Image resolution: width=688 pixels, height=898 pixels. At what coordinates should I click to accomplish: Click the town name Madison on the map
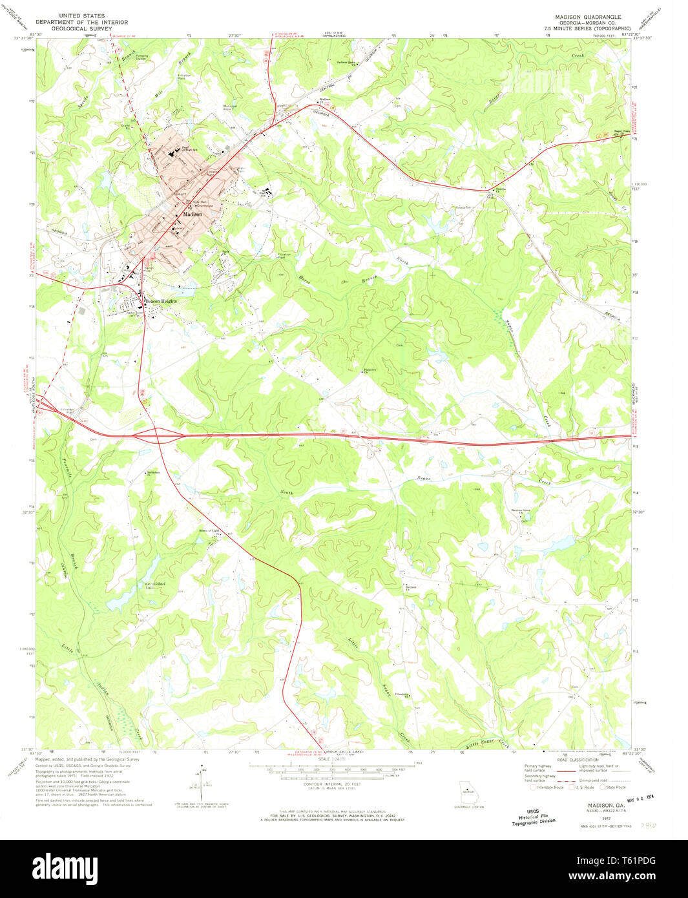(192, 214)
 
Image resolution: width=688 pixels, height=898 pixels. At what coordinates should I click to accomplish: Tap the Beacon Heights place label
(160, 301)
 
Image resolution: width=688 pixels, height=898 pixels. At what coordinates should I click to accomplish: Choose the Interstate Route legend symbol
(533, 787)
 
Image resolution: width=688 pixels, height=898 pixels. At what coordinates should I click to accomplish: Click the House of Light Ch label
(209, 531)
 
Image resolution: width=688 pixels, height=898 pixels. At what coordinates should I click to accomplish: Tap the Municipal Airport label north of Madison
(230, 107)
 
